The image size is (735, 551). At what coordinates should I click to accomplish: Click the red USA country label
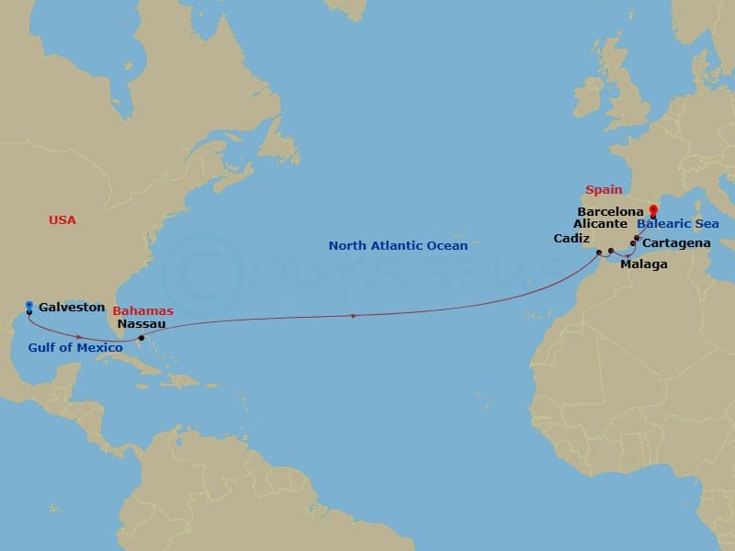coord(62,220)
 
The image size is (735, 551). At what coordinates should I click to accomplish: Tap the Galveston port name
coord(72,308)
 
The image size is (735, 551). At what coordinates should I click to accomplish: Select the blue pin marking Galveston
coord(29,306)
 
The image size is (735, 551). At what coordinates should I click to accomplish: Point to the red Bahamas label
coord(143,311)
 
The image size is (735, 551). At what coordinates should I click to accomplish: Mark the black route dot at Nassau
coord(141,338)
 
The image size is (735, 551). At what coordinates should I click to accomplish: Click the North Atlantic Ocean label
coord(398,246)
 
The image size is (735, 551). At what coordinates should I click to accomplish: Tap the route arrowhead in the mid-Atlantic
coord(355,316)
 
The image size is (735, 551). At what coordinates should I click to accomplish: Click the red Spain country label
coord(604,190)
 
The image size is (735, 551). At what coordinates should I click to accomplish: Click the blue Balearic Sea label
coord(678,224)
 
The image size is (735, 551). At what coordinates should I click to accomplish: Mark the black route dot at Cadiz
coord(598,252)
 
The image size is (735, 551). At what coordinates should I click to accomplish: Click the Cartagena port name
coord(675,243)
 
